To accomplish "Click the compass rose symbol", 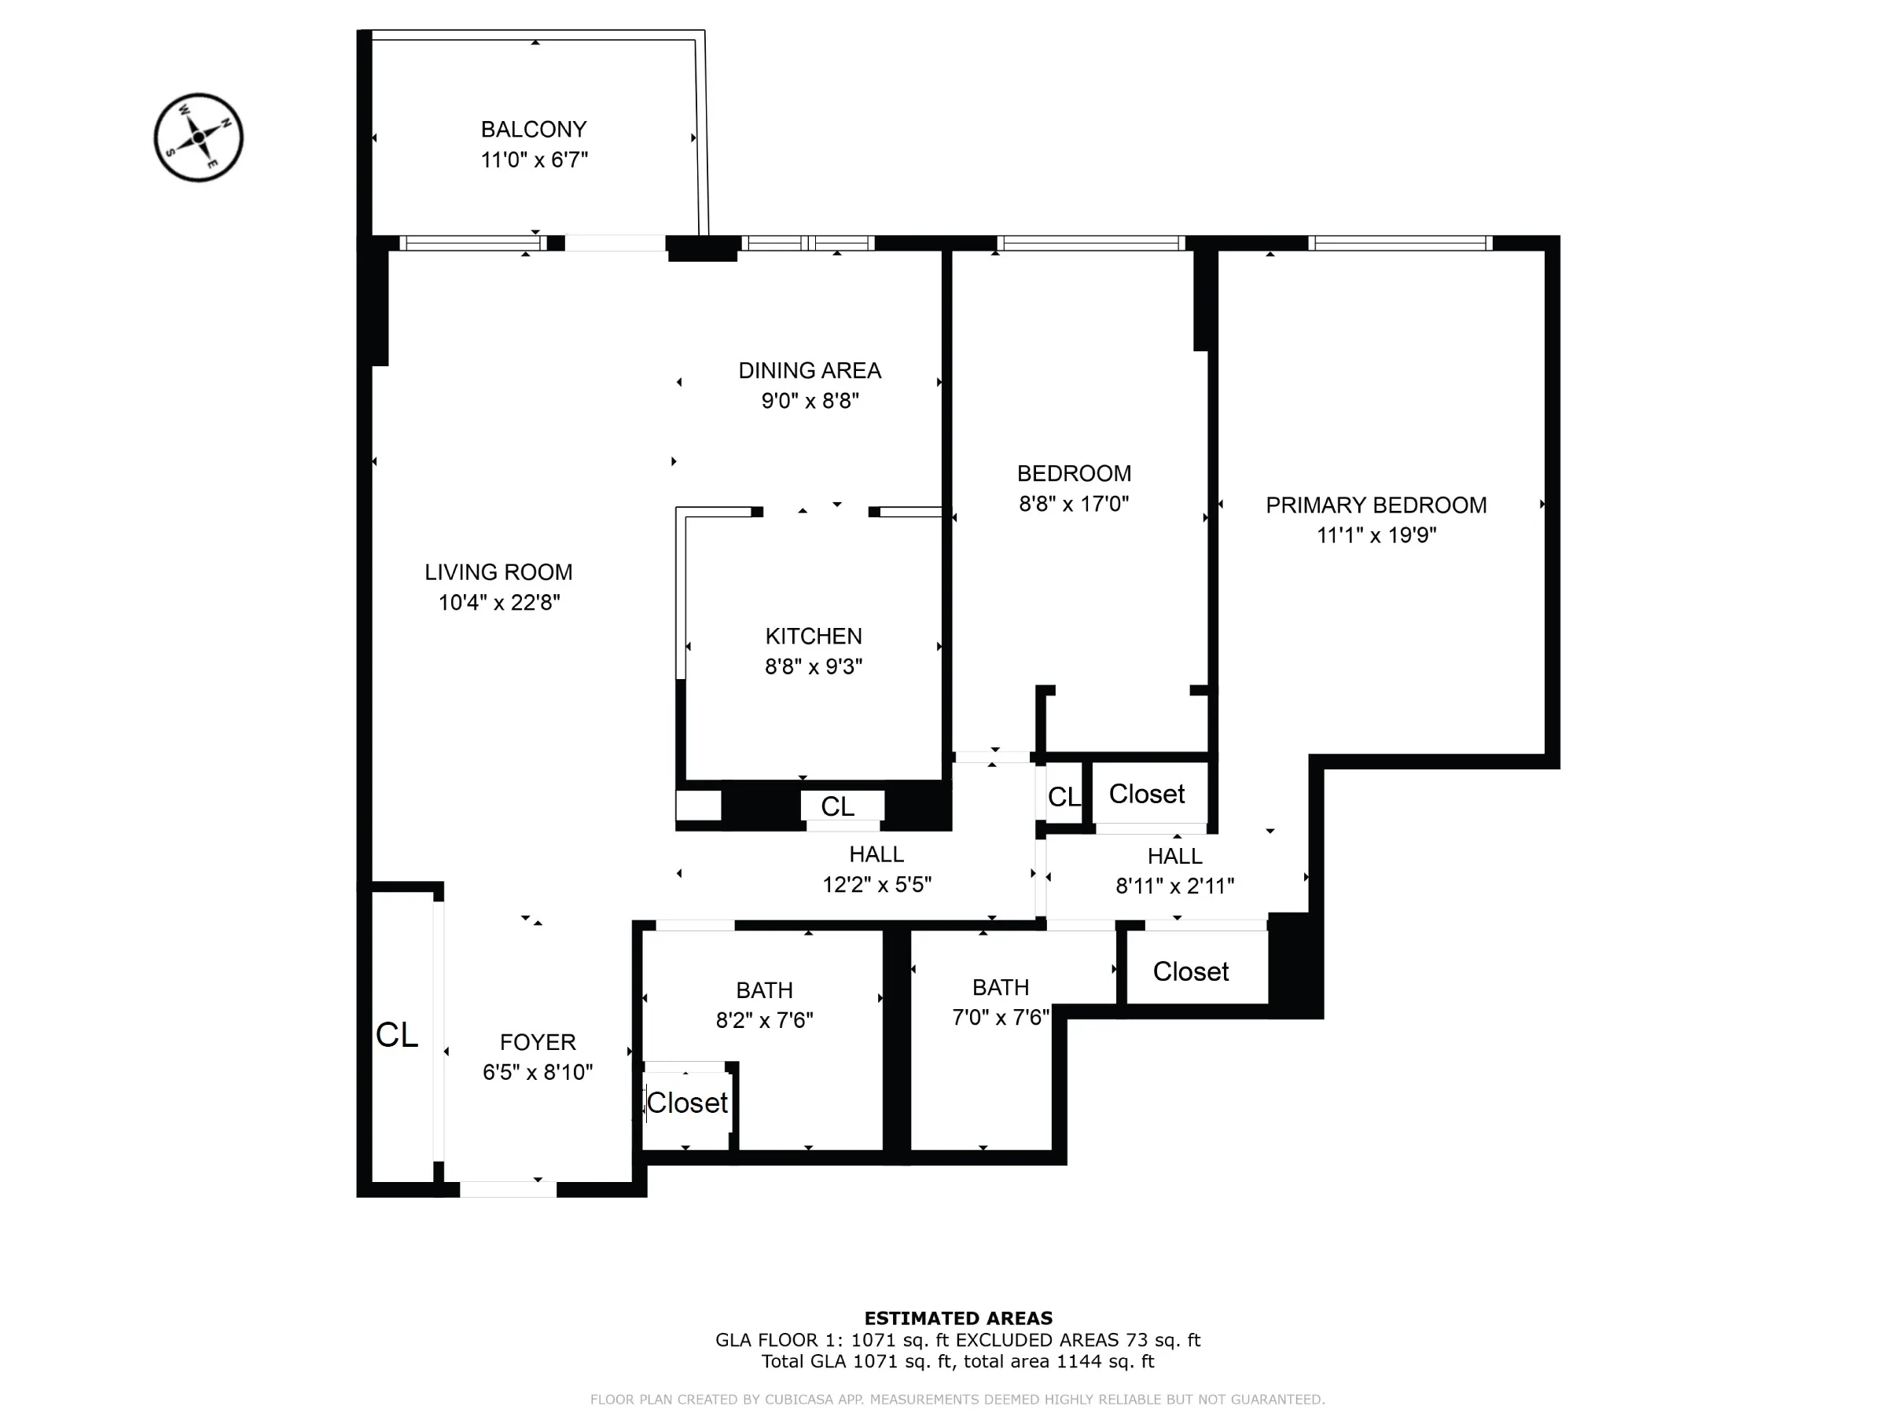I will pyautogui.click(x=198, y=138).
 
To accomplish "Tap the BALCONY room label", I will pyautogui.click(x=533, y=130).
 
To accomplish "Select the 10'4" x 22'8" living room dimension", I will pyautogui.click(x=499, y=603).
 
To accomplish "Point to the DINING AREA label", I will pyautogui.click(x=809, y=370).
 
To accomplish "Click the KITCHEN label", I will pyautogui.click(x=813, y=636).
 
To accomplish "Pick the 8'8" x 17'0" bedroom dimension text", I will pyautogui.click(x=1073, y=504).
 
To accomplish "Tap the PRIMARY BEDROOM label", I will pyautogui.click(x=1375, y=505).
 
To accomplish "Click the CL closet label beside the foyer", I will pyautogui.click(x=397, y=1035).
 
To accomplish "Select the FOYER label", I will pyautogui.click(x=538, y=1042).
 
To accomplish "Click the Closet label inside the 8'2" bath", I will pyautogui.click(x=686, y=1103).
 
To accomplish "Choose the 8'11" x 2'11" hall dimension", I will pyautogui.click(x=1174, y=887).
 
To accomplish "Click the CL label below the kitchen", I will pyautogui.click(x=836, y=806).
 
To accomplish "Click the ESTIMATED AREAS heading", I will pyautogui.click(x=957, y=1318).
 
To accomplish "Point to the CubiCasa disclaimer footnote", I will pyautogui.click(x=957, y=1400).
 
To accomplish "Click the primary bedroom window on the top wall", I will pyautogui.click(x=1400, y=244).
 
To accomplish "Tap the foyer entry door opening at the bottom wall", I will pyautogui.click(x=508, y=1189).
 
